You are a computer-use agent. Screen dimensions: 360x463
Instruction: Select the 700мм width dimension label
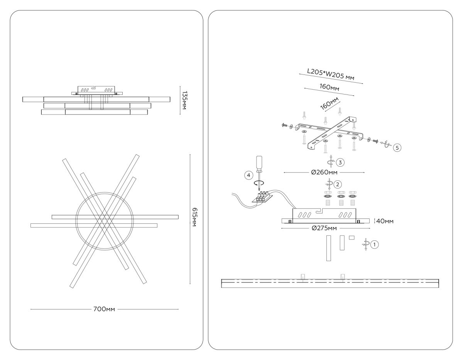(x=104, y=309)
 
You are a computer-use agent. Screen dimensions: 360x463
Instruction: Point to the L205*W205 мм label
(x=330, y=76)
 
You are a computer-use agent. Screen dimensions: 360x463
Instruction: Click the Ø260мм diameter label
(x=324, y=172)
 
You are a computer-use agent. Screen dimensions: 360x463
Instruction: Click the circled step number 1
(x=374, y=244)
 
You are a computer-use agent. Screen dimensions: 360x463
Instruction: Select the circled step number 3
(x=340, y=162)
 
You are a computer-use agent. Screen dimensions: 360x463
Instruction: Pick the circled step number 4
(x=249, y=175)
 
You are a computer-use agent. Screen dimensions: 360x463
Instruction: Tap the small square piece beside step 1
(x=351, y=238)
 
